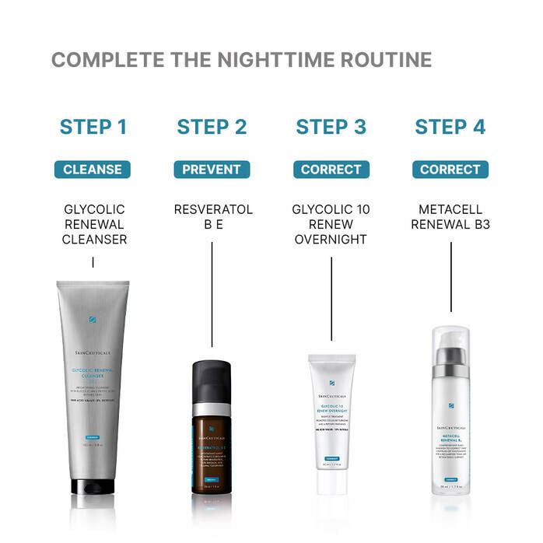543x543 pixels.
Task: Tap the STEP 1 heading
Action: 93,127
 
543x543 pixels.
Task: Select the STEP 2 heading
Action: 212,127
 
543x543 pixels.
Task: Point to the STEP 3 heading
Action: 331,127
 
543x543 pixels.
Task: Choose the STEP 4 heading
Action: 450,127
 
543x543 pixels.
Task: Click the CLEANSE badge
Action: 93,170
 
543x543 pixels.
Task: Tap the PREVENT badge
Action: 212,170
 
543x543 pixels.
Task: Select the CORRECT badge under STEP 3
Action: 331,170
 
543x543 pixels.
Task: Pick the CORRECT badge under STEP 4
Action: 450,170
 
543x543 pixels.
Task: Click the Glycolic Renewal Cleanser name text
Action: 93,225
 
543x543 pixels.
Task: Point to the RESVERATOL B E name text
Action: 212,217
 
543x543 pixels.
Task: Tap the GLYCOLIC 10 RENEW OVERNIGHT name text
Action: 331,225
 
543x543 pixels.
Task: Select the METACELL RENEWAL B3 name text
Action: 450,217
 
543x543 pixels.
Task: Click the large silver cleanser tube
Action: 93,389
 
